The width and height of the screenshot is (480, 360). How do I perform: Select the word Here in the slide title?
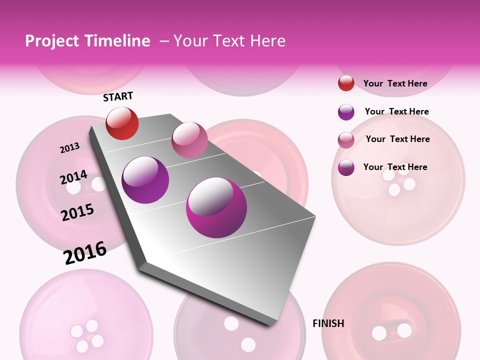point(267,41)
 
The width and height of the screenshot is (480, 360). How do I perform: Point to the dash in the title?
point(163,41)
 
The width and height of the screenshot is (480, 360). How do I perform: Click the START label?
point(118,96)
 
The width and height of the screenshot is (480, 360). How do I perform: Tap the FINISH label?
point(328,323)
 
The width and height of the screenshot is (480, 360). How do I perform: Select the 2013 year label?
point(69,148)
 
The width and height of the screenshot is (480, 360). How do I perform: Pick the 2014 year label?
point(73,177)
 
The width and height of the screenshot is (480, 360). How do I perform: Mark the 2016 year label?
point(85,252)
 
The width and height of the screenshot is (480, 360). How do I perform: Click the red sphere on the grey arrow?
point(122,123)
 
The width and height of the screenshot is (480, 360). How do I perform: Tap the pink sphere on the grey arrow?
point(189,139)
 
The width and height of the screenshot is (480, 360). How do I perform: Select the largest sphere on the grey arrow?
point(216,207)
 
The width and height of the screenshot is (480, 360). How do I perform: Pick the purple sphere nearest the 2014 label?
point(145,179)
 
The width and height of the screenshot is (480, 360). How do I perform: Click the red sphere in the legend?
point(346,83)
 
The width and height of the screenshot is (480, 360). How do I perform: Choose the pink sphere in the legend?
point(346,140)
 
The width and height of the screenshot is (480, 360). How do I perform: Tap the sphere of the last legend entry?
point(346,167)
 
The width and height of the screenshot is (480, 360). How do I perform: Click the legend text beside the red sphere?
point(395,83)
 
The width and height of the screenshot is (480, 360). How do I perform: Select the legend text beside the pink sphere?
point(397,139)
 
